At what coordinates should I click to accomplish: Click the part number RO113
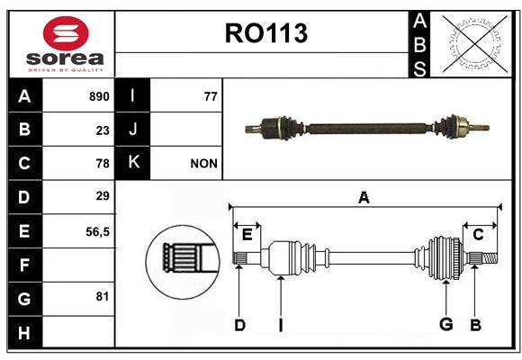[266, 33]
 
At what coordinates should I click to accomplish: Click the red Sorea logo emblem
[66, 33]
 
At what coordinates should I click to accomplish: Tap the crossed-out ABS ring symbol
[475, 44]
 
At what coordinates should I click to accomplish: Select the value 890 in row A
[99, 96]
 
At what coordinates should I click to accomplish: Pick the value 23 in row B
[103, 130]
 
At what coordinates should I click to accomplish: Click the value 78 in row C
[103, 164]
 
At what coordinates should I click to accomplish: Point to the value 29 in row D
[103, 196]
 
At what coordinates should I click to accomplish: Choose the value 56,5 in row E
[97, 232]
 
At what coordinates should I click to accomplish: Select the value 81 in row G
[103, 296]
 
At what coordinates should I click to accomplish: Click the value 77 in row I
[211, 96]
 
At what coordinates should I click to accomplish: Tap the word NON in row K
[203, 164]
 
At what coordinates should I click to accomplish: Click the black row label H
[24, 333]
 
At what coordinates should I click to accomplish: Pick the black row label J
[133, 129]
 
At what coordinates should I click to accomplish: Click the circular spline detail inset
[183, 262]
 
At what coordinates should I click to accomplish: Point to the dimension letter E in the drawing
[247, 235]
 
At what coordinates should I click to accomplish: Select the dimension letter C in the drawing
[478, 235]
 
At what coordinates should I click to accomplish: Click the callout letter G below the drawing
[446, 324]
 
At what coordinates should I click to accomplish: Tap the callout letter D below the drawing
[239, 325]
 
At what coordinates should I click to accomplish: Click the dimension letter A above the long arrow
[364, 198]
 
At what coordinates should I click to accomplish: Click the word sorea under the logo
[65, 58]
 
